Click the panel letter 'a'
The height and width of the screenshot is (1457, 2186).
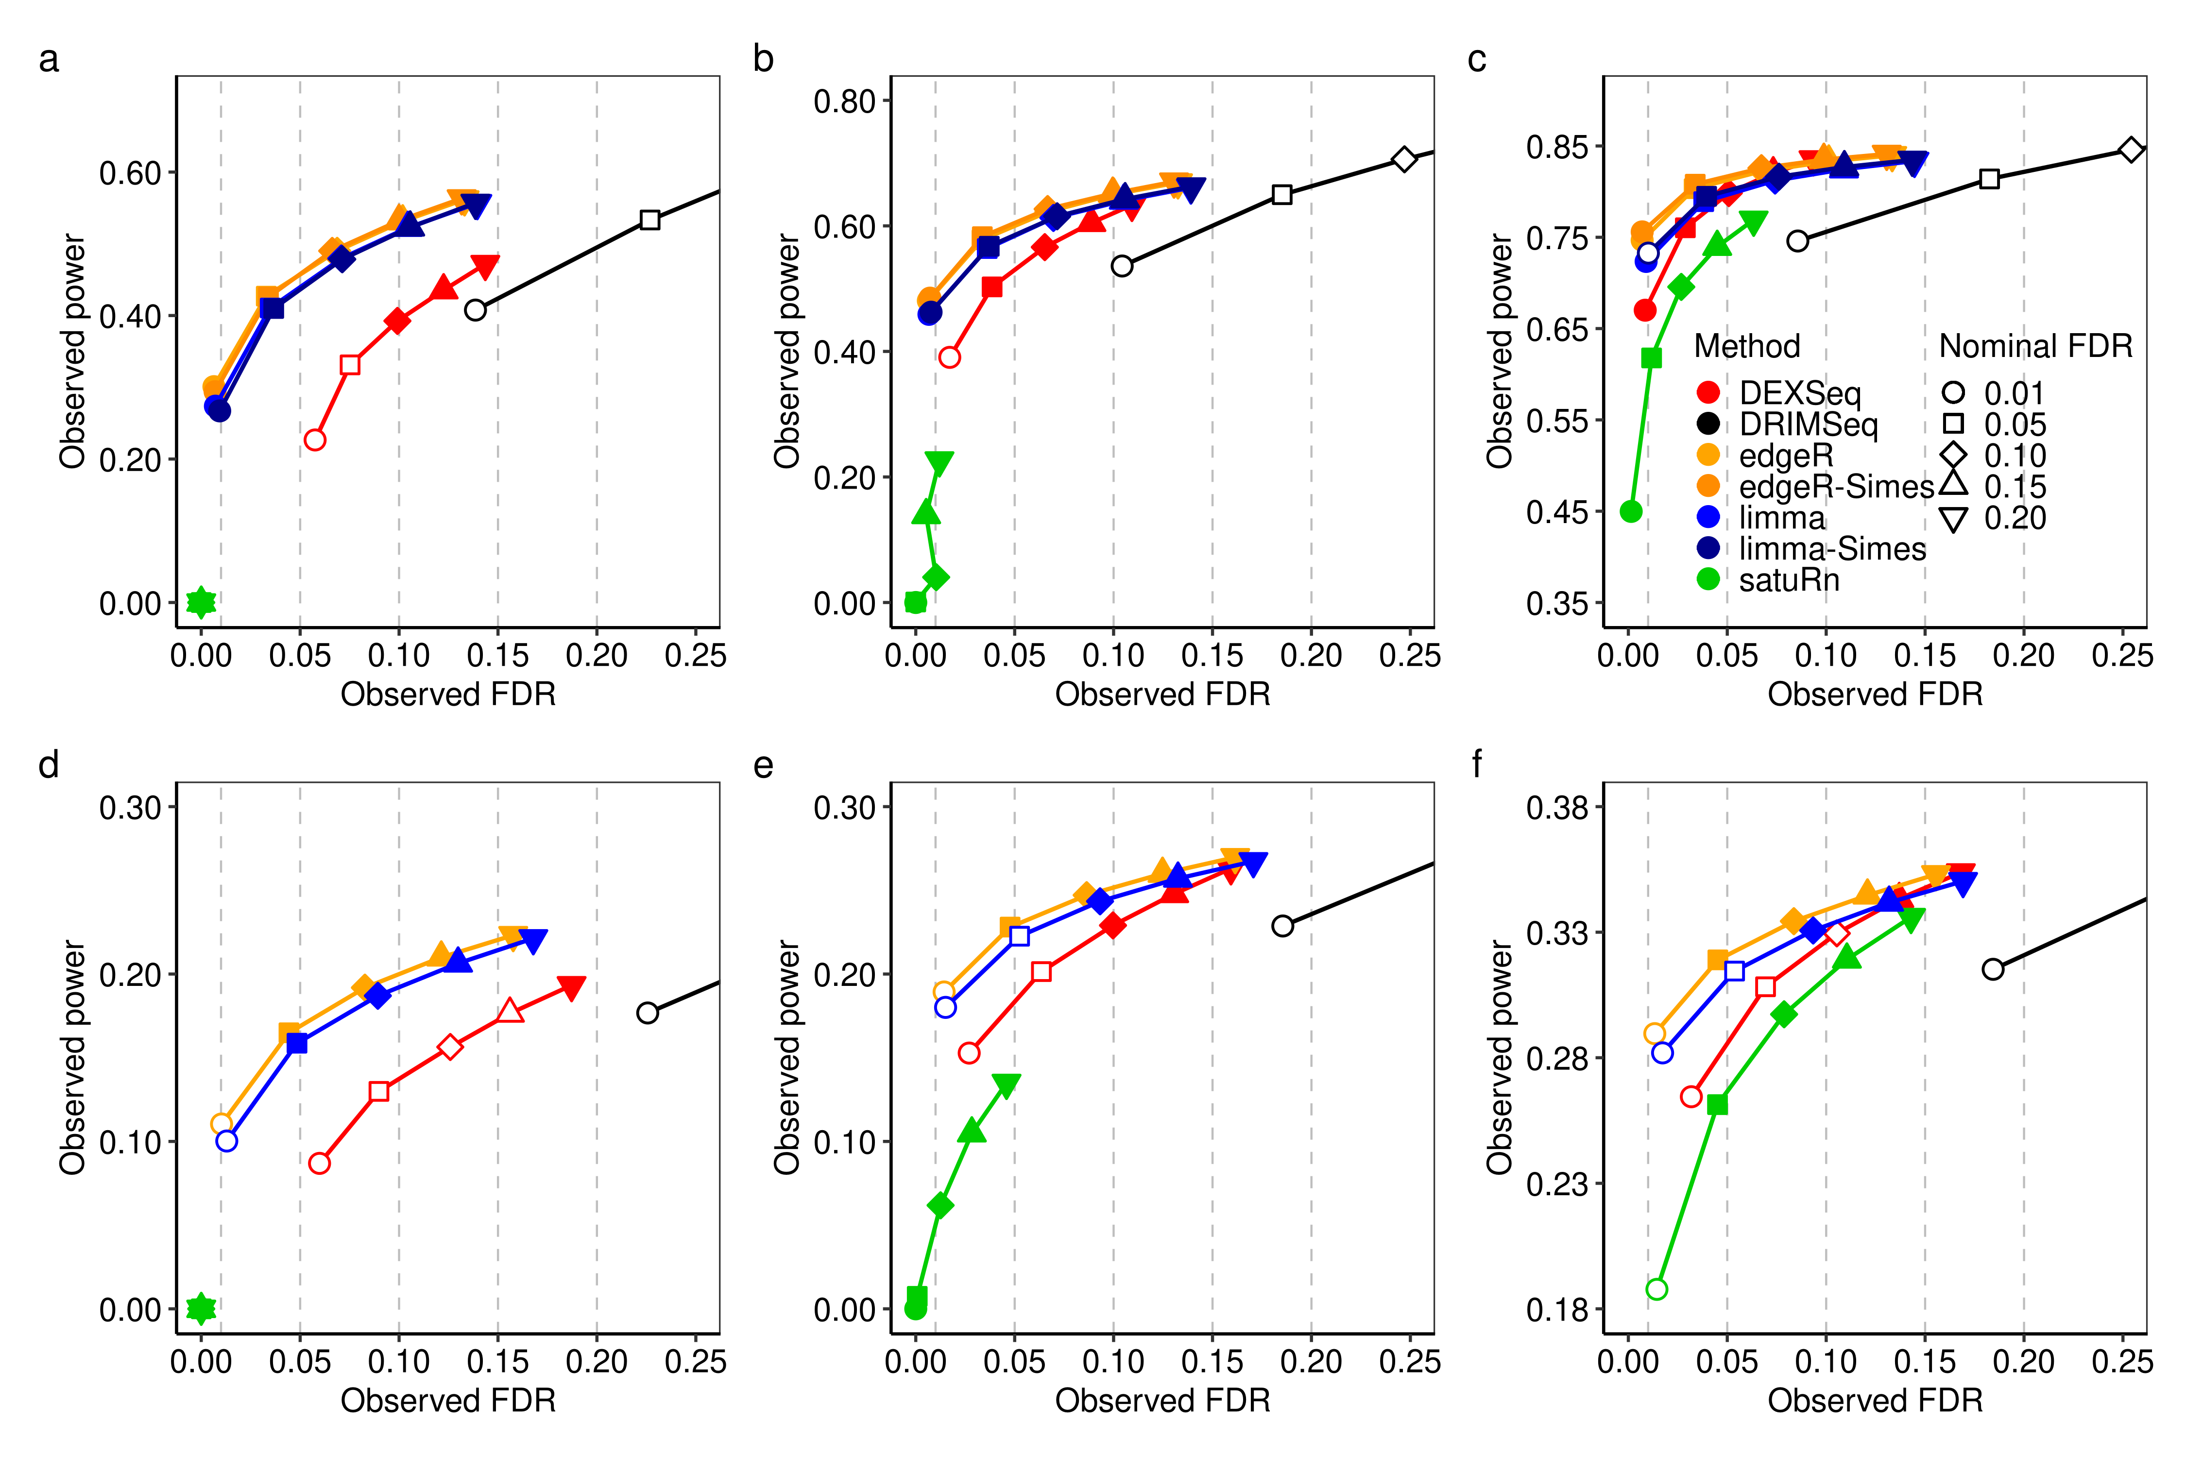pos(48,59)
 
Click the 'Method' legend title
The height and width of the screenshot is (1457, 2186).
pos(1747,346)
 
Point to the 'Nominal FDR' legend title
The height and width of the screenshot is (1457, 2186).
pos(2035,346)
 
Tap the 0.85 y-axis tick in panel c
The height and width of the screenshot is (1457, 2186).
pos(1557,147)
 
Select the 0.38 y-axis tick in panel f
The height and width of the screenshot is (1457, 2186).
pos(1557,807)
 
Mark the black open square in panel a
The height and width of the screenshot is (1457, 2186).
pos(649,220)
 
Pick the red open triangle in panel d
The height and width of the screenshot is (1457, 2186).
pos(510,1011)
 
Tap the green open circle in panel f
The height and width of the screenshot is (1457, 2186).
pos(1656,1289)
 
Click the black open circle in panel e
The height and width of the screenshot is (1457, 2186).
pos(1282,926)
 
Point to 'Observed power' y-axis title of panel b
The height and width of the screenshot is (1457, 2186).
pos(786,351)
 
